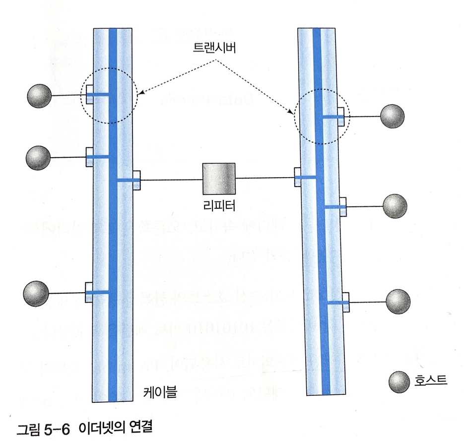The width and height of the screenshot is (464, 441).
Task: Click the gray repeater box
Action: (x=218, y=179)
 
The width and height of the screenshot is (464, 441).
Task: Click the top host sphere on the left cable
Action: (x=39, y=95)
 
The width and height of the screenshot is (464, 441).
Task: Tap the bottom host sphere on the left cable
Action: (x=36, y=293)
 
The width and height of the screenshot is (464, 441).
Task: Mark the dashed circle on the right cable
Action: (x=322, y=116)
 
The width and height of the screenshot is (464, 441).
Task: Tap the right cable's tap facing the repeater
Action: (x=298, y=177)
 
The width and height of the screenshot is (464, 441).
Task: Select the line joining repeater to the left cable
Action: (x=171, y=180)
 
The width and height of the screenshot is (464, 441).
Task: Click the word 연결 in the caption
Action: (x=139, y=427)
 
